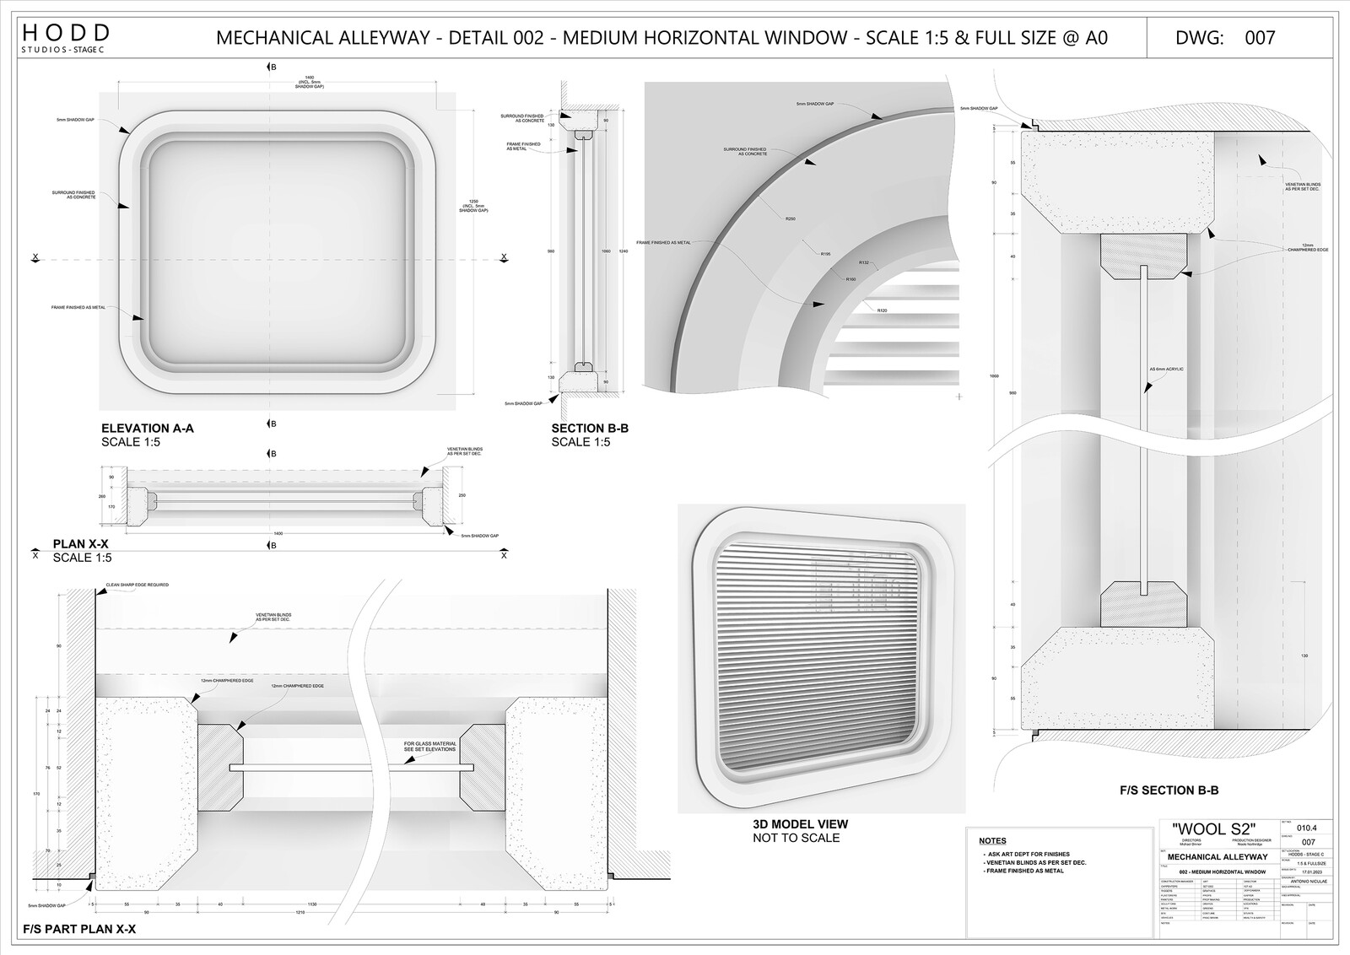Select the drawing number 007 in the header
click(x=1261, y=37)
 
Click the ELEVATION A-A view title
click(x=147, y=429)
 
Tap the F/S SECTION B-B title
click(x=1169, y=790)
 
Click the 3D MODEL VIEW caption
click(x=800, y=824)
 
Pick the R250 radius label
click(x=791, y=219)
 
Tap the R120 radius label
click(x=882, y=311)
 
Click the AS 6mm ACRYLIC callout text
click(x=1167, y=370)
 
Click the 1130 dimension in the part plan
click(x=313, y=904)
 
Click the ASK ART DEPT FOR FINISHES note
click(x=1027, y=855)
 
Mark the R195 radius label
click(x=825, y=253)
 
